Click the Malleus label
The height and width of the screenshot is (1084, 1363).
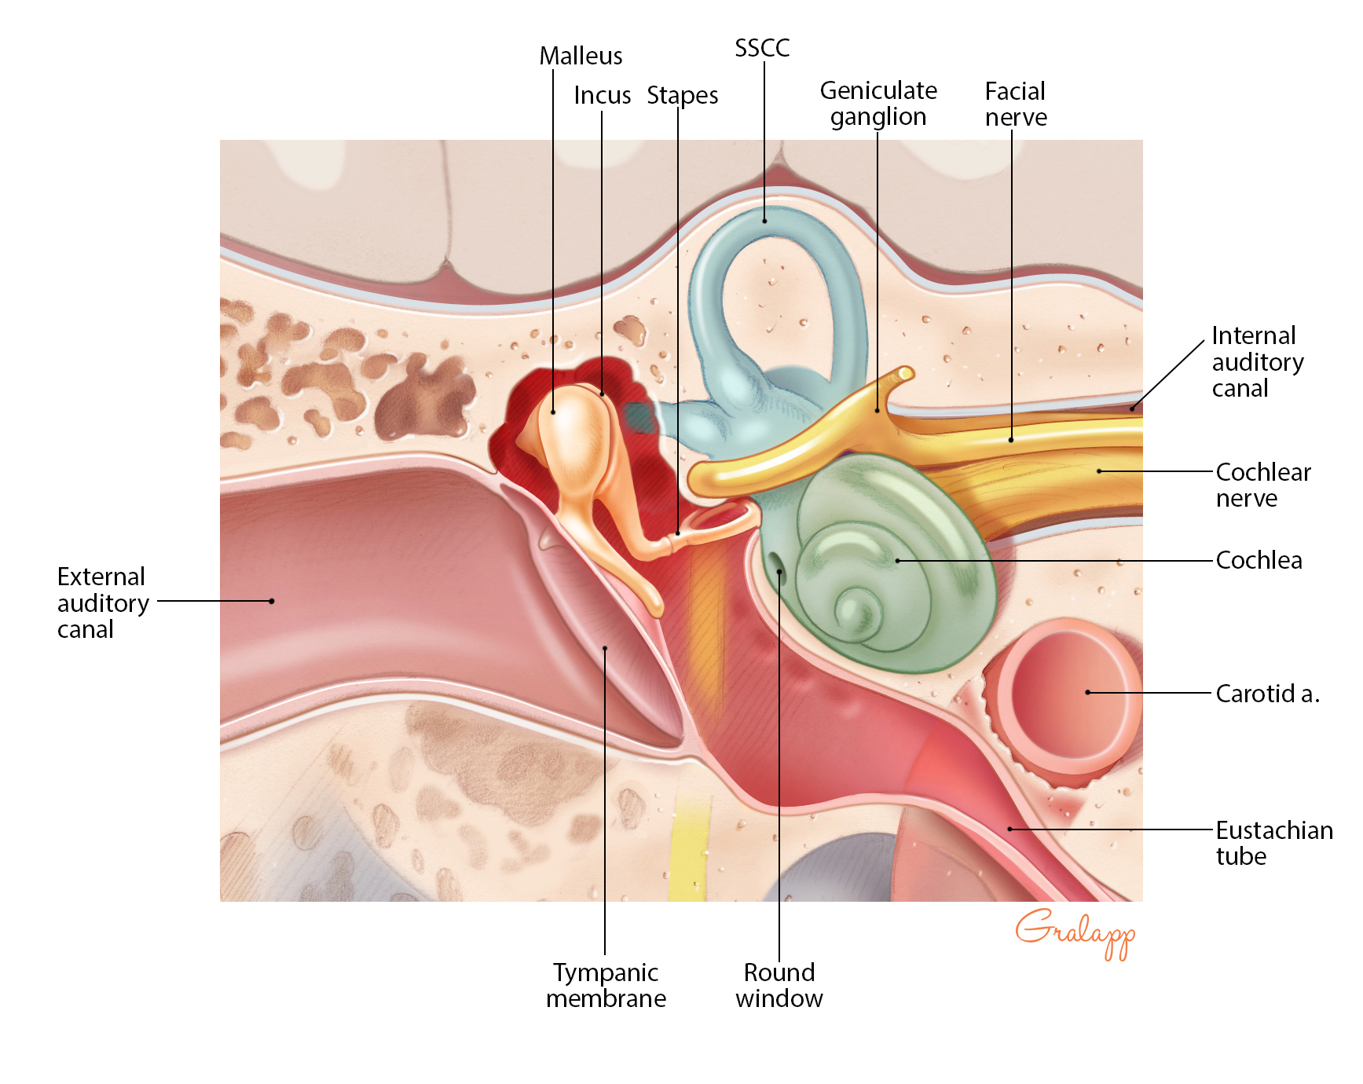click(x=581, y=57)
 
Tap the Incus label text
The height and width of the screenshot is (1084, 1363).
click(x=602, y=96)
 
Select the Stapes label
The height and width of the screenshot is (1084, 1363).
click(x=682, y=96)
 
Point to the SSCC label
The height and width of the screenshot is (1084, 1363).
click(x=761, y=49)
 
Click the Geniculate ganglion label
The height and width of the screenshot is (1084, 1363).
click(x=878, y=104)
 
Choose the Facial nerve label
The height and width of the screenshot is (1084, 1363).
click(x=1015, y=104)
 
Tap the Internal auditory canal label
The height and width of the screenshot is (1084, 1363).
click(x=1257, y=361)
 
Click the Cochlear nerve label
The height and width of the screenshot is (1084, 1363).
click(x=1262, y=485)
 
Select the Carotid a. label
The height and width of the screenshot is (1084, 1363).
click(x=1266, y=694)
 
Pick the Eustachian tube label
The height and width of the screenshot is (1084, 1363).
click(x=1273, y=843)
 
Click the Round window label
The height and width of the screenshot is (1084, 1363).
click(x=779, y=985)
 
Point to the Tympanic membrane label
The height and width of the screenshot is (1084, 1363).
click(x=606, y=985)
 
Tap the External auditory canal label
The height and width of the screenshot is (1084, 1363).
click(x=102, y=602)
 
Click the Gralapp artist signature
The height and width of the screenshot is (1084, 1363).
click(x=1075, y=932)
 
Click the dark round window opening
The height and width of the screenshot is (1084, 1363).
click(x=776, y=562)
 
